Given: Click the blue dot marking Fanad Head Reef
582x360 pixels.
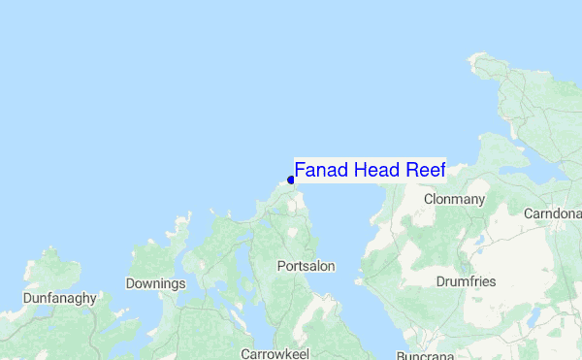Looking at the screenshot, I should (291, 180).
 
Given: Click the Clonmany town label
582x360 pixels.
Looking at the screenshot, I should (454, 199).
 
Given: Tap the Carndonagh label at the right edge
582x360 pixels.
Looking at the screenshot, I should (552, 213).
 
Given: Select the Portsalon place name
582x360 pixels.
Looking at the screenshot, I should (307, 266).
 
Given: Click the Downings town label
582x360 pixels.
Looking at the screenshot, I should (155, 284).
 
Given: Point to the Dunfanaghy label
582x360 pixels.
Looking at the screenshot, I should (60, 299).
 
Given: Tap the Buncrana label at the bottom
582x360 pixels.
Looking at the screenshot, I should (425, 355).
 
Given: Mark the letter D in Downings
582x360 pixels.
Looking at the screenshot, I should (131, 284).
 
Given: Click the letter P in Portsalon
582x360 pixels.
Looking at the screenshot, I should (281, 266).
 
